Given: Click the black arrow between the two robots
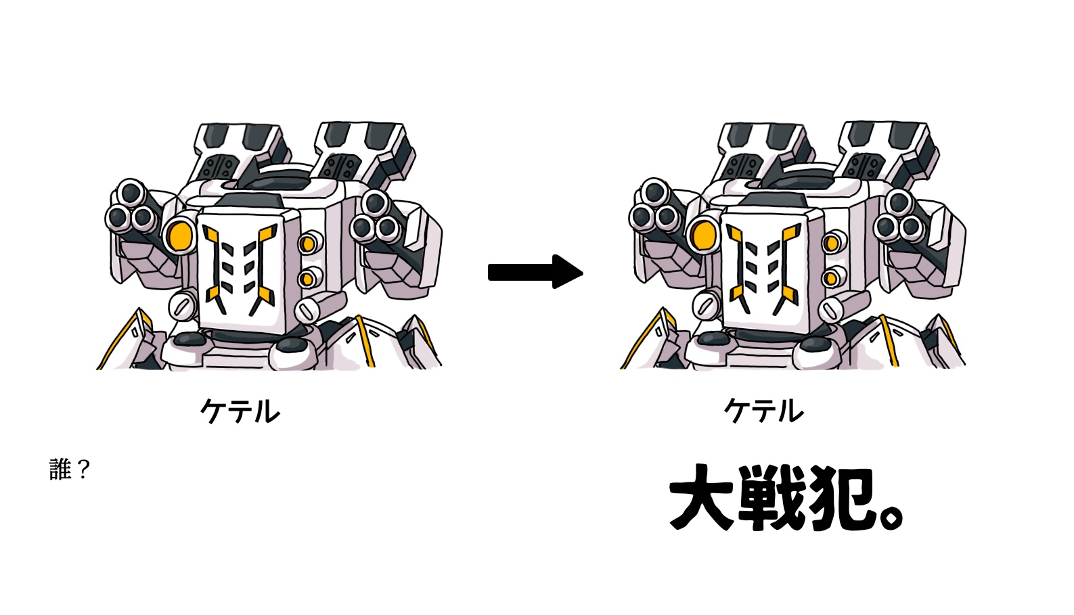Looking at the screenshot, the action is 535,272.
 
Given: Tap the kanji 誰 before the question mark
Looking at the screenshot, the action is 60,470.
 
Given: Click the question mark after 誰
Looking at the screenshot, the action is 83,470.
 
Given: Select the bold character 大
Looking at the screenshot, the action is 702,497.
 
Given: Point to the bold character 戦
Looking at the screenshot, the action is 770,497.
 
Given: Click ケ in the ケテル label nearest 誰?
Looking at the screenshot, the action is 213,411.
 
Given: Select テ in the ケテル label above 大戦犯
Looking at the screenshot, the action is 761,411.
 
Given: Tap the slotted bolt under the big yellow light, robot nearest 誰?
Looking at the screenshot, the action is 182,306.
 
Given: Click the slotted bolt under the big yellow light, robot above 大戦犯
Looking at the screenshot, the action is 706,306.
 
